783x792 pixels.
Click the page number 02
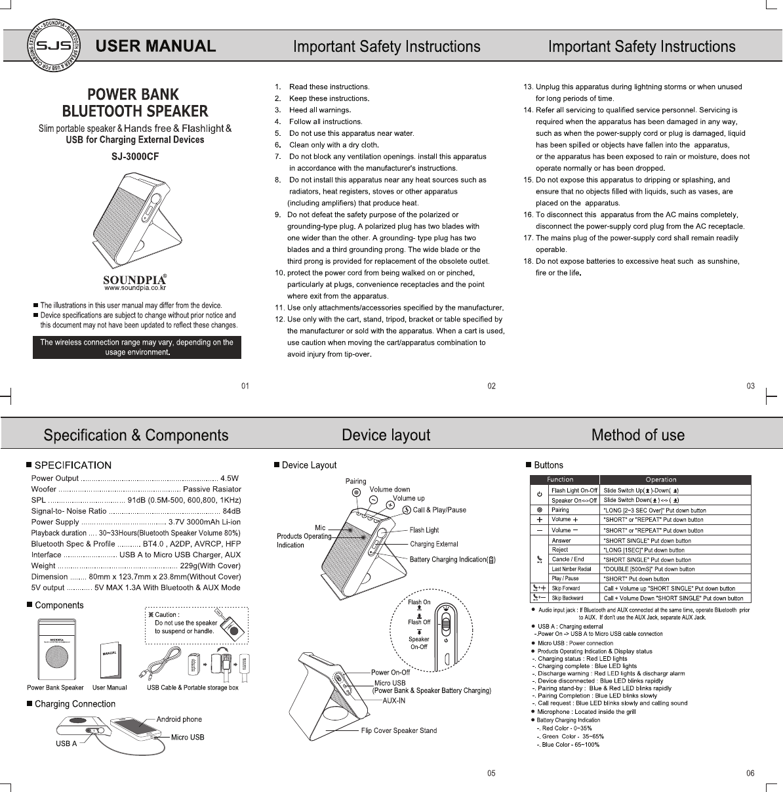[x=491, y=386]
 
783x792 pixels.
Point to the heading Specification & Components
[x=136, y=435]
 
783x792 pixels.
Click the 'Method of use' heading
[x=637, y=435]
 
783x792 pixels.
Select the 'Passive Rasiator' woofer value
[x=212, y=490]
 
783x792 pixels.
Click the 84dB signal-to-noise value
[x=231, y=511]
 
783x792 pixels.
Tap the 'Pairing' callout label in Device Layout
[x=355, y=482]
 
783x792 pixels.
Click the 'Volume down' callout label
[x=390, y=490]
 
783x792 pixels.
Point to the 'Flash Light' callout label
[x=424, y=530]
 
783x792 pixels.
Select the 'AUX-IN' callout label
[x=393, y=700]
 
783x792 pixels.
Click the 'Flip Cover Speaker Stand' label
[x=399, y=730]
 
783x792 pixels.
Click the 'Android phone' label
[x=179, y=719]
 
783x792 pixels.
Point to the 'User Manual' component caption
[x=110, y=688]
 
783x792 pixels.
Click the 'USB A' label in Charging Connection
[x=66, y=743]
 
